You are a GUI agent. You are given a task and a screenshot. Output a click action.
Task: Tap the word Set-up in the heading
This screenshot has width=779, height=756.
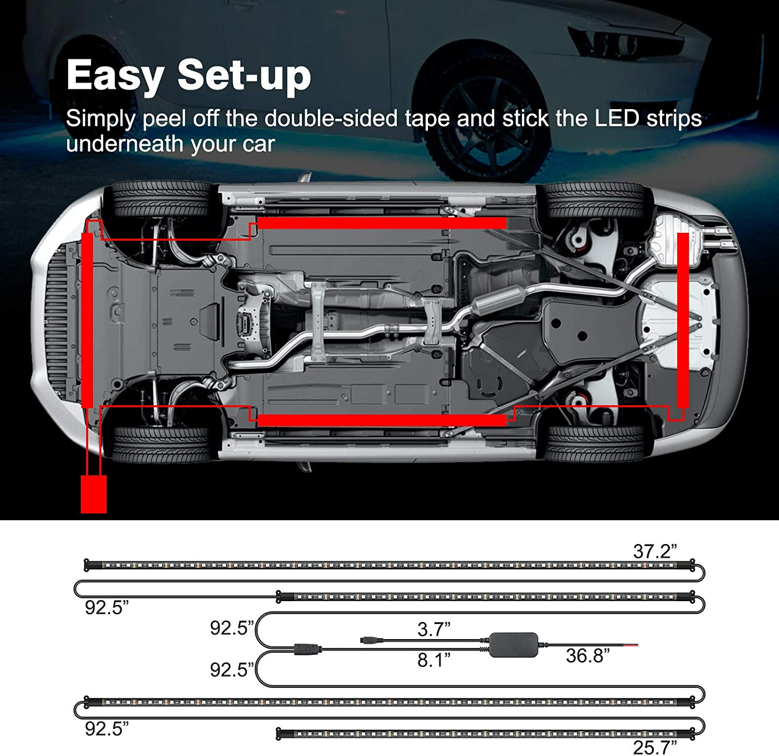pyautogui.click(x=244, y=76)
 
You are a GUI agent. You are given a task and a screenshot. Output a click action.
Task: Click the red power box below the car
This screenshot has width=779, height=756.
pyautogui.click(x=93, y=494)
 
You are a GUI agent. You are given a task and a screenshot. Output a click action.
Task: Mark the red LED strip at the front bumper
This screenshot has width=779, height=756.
pyautogui.click(x=87, y=320)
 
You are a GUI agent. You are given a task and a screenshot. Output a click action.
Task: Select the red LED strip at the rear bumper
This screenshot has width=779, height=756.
pyautogui.click(x=683, y=320)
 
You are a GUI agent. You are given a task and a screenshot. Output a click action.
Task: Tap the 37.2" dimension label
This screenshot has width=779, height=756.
pyautogui.click(x=655, y=551)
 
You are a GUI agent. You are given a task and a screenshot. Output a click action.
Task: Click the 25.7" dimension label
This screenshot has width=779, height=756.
pyautogui.click(x=654, y=747)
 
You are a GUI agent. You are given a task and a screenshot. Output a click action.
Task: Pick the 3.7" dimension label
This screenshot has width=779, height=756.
pyautogui.click(x=434, y=629)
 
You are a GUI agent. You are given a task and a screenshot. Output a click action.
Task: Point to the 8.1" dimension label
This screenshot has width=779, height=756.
pyautogui.click(x=434, y=660)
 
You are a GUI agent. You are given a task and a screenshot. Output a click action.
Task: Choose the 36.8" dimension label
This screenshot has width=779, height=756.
pyautogui.click(x=587, y=656)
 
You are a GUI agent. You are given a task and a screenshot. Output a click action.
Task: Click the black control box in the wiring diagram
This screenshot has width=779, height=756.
pyautogui.click(x=513, y=645)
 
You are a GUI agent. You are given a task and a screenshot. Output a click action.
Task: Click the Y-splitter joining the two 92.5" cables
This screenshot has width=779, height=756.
pyautogui.click(x=306, y=648)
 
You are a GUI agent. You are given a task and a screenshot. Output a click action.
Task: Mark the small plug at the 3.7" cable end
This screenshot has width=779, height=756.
pyautogui.click(x=371, y=641)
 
